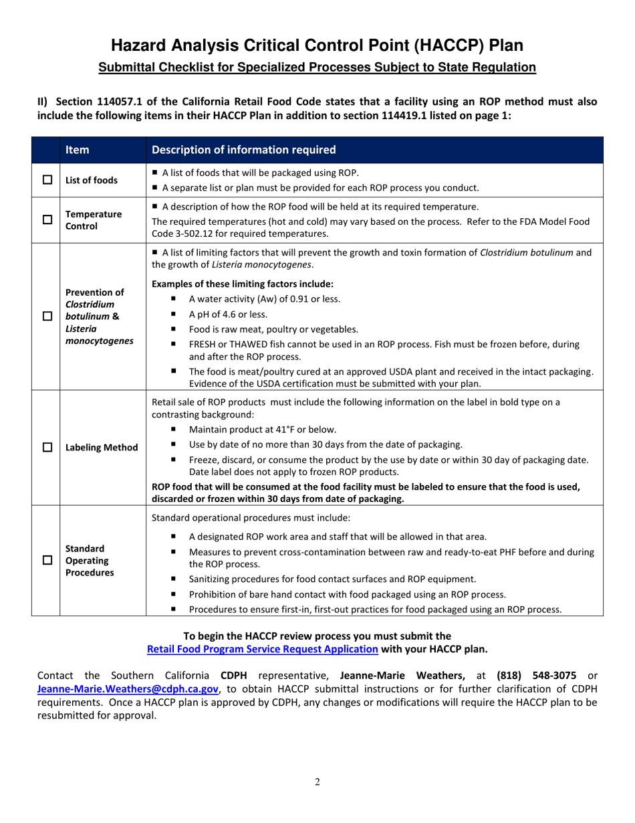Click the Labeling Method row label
click(x=102, y=448)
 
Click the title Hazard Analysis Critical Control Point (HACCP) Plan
click(x=317, y=45)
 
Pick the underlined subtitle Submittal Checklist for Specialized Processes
click(x=317, y=67)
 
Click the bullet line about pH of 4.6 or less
click(x=229, y=314)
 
